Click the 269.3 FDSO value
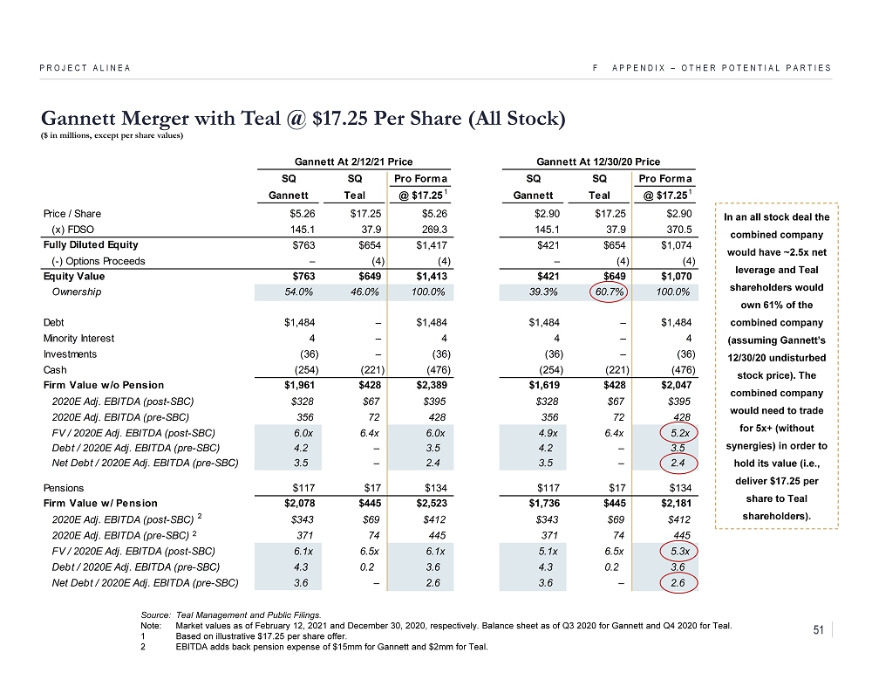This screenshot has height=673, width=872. [x=421, y=230]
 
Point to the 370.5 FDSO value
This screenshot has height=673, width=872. [x=679, y=230]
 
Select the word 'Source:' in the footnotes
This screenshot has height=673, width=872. [x=153, y=615]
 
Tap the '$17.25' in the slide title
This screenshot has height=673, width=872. [x=348, y=119]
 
